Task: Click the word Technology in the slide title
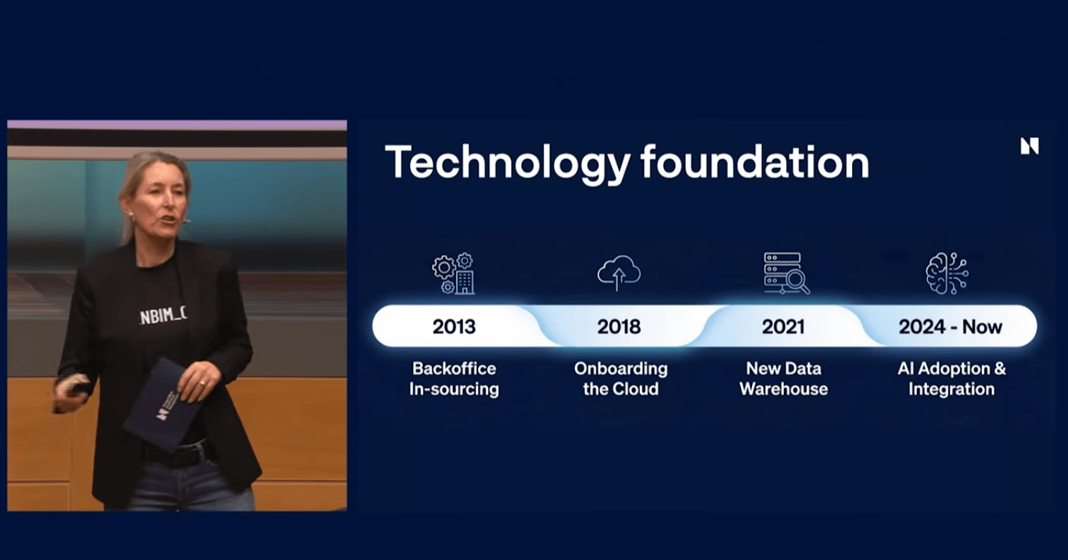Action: click(508, 163)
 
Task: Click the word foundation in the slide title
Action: click(755, 162)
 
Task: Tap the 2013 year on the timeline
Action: click(454, 327)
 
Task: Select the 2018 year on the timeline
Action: click(619, 327)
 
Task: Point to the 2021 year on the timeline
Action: click(783, 327)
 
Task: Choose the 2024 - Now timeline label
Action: click(950, 327)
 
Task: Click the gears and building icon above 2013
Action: click(454, 274)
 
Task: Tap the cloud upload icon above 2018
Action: click(619, 273)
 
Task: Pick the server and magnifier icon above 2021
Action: click(786, 273)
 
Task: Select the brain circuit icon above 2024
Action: click(947, 273)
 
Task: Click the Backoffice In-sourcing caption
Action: click(454, 379)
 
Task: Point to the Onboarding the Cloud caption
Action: click(620, 379)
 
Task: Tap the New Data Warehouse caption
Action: click(783, 379)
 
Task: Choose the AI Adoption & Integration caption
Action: click(951, 379)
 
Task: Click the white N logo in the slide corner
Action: click(1030, 146)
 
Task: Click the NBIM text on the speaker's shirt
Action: click(163, 316)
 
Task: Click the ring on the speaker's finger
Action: click(202, 382)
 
